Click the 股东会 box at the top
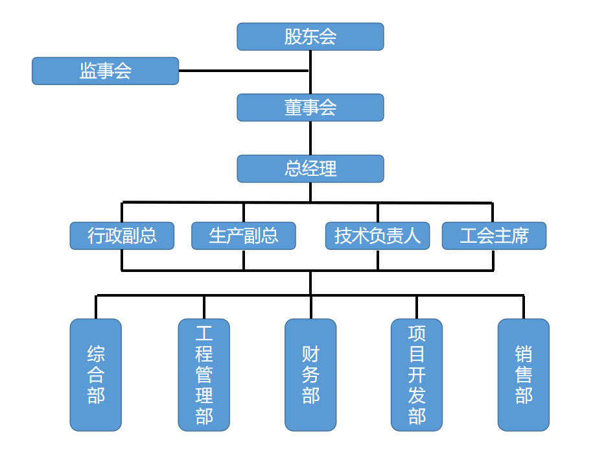[x=310, y=37]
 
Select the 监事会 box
[x=105, y=71]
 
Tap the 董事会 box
[x=310, y=108]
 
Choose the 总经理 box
[x=310, y=169]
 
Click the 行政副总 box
[x=122, y=236]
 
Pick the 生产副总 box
[x=243, y=236]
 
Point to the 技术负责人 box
[x=377, y=236]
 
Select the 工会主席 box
[x=494, y=236]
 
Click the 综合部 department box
[x=96, y=375]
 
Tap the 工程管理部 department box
[x=204, y=375]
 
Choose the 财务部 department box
[x=310, y=375]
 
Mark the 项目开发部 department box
[x=417, y=375]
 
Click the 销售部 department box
[x=523, y=375]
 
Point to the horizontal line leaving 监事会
[x=243, y=71]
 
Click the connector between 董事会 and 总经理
[x=310, y=138]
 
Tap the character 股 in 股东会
[x=293, y=37]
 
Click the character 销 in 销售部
[x=523, y=354]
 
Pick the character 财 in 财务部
[x=310, y=354]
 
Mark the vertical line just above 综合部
[x=96, y=307]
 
